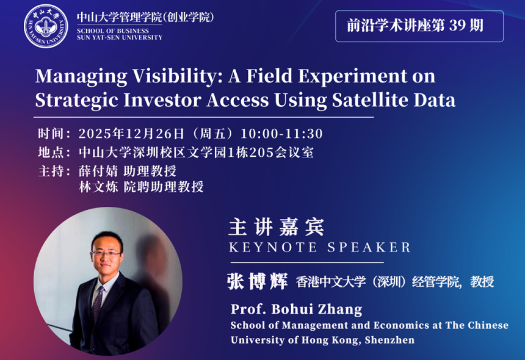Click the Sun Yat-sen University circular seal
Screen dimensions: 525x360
pyautogui.click(x=46, y=26)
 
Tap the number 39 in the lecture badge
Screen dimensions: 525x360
pyautogui.click(x=457, y=26)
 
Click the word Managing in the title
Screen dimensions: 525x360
pyautogui.click(x=81, y=77)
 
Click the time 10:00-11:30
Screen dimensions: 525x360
pyautogui.click(x=281, y=134)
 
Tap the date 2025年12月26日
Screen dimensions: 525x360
pyautogui.click(x=132, y=134)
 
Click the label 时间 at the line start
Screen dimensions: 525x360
pyautogui.click(x=51, y=134)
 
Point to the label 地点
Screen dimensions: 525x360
pyautogui.click(x=51, y=153)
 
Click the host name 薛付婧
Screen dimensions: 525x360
pyautogui.click(x=98, y=171)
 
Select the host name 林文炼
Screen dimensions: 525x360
pyautogui.click(x=98, y=187)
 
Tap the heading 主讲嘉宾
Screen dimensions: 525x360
pyautogui.click(x=276, y=227)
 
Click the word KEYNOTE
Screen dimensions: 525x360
pyautogui.click(x=272, y=248)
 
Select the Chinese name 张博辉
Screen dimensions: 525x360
pyautogui.click(x=257, y=281)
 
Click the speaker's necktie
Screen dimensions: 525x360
pyautogui.click(x=98, y=303)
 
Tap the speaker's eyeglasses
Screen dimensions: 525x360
pyautogui.click(x=106, y=254)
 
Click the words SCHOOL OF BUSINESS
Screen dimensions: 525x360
pyautogui.click(x=113, y=31)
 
